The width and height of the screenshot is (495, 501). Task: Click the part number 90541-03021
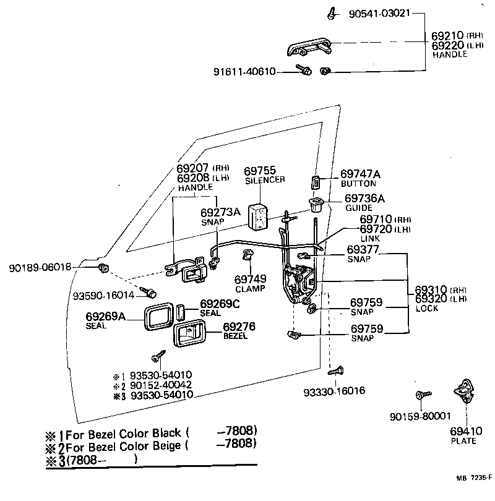(x=378, y=13)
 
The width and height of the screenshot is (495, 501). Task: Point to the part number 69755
(x=260, y=171)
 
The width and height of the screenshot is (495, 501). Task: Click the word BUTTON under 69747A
(x=359, y=184)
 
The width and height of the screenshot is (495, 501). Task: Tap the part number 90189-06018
(x=40, y=267)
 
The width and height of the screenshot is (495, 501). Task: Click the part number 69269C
(x=220, y=304)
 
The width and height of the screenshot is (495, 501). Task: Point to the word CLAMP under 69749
(x=250, y=289)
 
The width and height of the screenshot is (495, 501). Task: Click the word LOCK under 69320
(x=427, y=307)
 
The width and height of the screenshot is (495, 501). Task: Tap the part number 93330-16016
(x=334, y=392)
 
